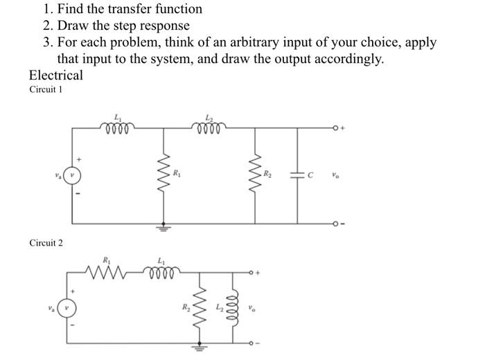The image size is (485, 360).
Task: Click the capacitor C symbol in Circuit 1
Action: coord(299,174)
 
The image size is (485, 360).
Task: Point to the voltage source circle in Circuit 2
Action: coord(67,306)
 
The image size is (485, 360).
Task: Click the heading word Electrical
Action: coord(55,75)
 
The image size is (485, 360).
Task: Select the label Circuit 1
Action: coord(46,90)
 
